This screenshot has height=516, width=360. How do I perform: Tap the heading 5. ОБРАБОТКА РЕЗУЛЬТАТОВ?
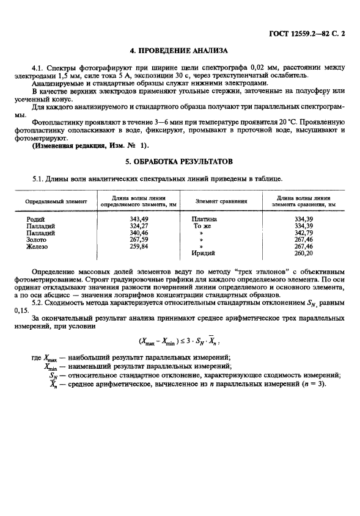point(180,162)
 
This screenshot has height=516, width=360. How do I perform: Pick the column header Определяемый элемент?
point(56,201)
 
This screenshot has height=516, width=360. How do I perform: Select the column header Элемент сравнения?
point(221,201)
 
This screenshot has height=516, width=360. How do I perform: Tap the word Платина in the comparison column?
point(204,219)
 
